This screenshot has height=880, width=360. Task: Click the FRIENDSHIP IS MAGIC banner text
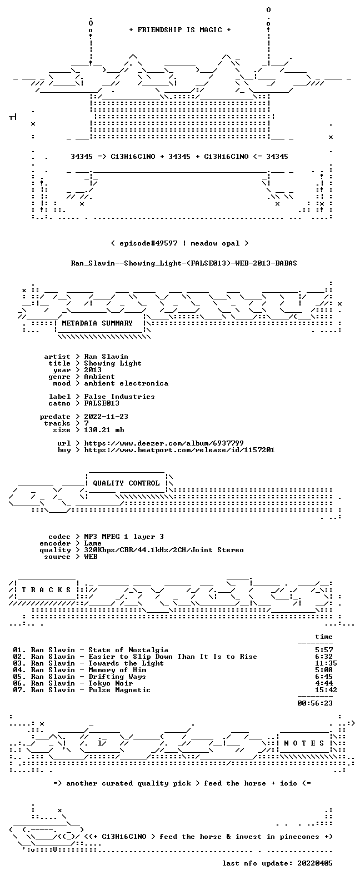[180, 30]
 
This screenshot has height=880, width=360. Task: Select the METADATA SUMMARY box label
[97, 323]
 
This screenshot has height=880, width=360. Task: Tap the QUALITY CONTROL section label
[126, 483]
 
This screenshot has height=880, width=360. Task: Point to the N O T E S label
[304, 743]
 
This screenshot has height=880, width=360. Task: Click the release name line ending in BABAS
[184, 263]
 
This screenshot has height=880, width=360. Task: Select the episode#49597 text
[148, 243]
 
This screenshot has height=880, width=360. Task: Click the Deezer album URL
[164, 443]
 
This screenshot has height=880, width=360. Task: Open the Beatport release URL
[179, 450]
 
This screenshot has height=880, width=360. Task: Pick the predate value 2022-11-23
[106, 417]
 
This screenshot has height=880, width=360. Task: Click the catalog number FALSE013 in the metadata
[102, 403]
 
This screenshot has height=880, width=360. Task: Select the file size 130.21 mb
[104, 430]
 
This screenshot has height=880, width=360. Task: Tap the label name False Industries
[119, 397]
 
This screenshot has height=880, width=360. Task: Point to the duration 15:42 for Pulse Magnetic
[326, 690]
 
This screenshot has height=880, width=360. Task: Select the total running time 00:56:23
[315, 703]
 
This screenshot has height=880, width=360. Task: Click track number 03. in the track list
[19, 663]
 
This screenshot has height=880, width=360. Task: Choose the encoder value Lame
[93, 543]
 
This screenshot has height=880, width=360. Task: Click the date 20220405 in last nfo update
[315, 863]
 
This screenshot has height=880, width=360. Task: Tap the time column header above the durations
[324, 637]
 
